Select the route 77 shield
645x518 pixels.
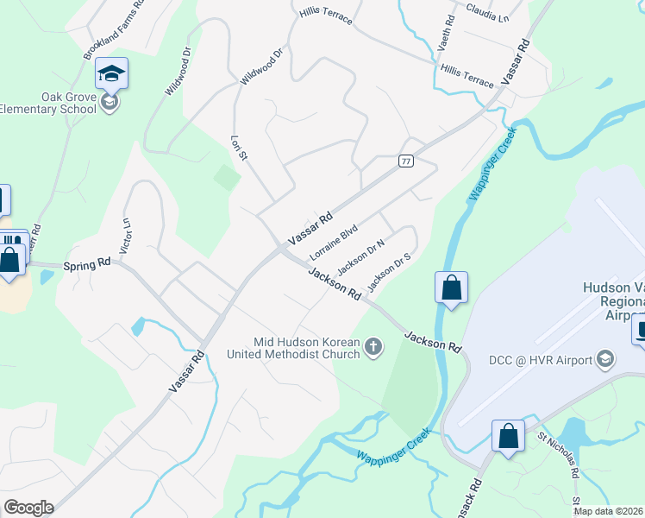(x=405, y=161)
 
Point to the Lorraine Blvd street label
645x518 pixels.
(x=334, y=243)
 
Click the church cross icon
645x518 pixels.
(x=373, y=347)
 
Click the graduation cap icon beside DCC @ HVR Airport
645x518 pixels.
(x=606, y=359)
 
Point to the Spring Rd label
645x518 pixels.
(x=91, y=262)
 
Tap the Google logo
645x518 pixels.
(x=28, y=508)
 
